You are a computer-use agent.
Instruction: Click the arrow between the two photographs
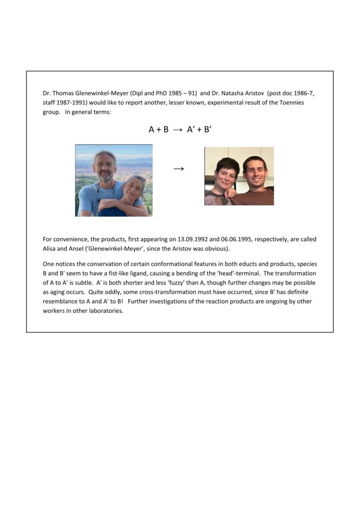coord(179,169)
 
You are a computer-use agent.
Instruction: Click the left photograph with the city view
coord(114,180)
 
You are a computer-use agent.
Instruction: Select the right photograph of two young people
coord(239,176)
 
